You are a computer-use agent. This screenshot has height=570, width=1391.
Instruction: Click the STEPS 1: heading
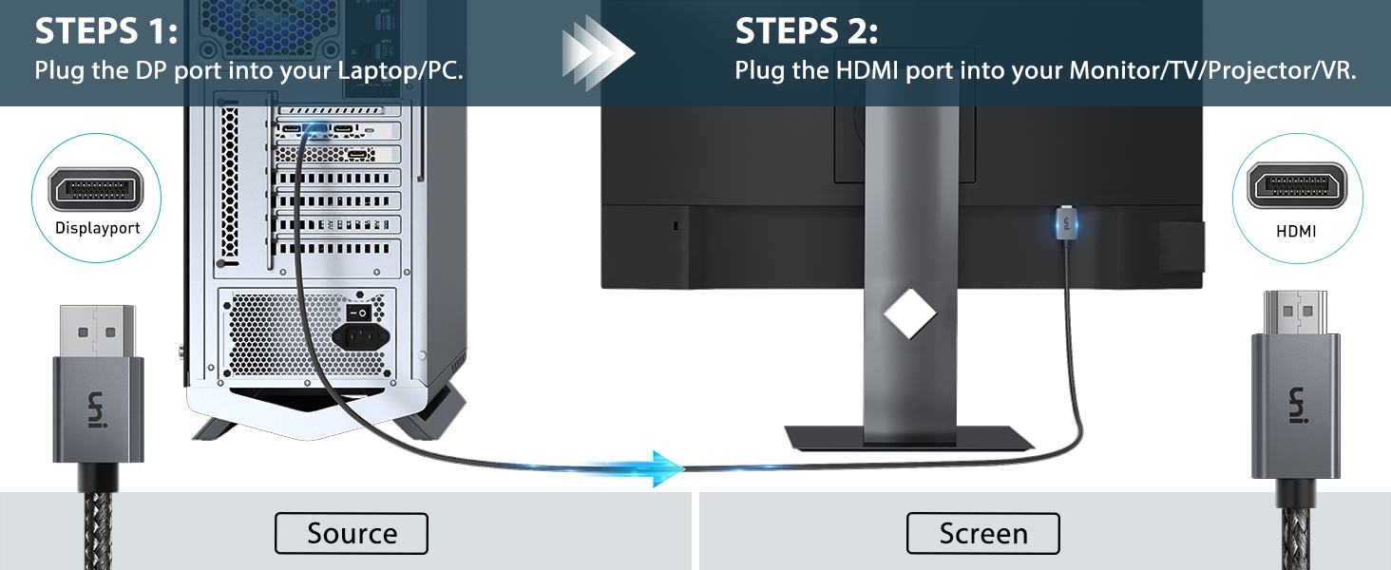click(x=106, y=31)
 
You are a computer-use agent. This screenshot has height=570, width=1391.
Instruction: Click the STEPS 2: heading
click(x=807, y=31)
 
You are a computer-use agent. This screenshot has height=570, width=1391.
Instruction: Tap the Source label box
click(x=352, y=533)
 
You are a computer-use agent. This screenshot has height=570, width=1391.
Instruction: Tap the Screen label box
click(x=983, y=533)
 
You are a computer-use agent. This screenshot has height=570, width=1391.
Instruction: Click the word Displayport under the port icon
click(x=98, y=228)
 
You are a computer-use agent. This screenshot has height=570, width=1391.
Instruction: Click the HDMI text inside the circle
click(x=1296, y=232)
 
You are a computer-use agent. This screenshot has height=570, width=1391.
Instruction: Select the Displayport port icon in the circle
click(x=96, y=189)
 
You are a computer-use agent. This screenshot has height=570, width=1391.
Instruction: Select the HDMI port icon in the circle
click(x=1297, y=185)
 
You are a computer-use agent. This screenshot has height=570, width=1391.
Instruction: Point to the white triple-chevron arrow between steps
click(x=599, y=53)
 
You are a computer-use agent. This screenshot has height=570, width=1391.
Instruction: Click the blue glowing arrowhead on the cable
click(x=668, y=468)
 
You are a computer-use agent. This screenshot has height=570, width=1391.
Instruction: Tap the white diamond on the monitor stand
click(x=909, y=313)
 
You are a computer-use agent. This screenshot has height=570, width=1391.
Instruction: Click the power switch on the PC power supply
click(x=358, y=313)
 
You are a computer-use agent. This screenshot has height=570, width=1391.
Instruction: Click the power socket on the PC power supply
click(x=361, y=337)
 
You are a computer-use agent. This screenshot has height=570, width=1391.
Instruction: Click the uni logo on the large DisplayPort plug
click(x=96, y=409)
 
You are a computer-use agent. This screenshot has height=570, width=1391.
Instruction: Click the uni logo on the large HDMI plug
click(x=1297, y=405)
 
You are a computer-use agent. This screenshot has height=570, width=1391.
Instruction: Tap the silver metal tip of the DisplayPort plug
click(x=98, y=331)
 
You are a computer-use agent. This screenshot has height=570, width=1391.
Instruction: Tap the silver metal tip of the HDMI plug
click(x=1295, y=313)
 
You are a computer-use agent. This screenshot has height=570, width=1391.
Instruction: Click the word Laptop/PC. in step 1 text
click(x=401, y=70)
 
